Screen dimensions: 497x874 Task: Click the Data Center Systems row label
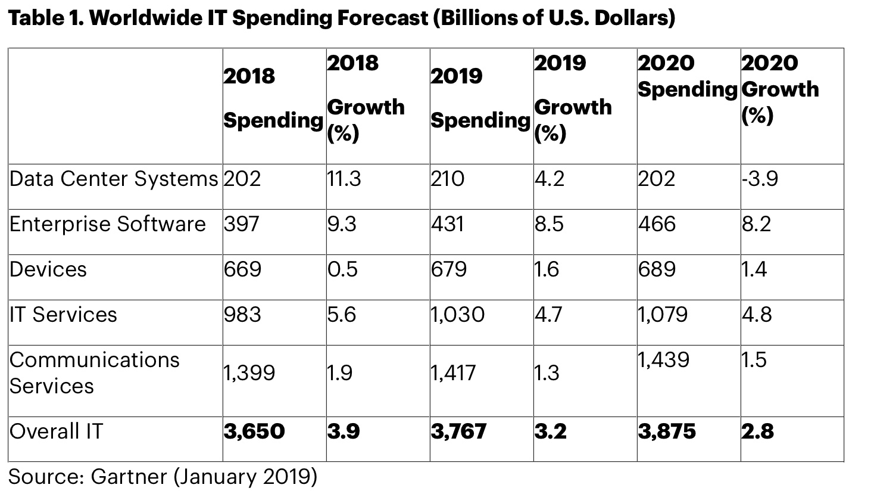coord(113,179)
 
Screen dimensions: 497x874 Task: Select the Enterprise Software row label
coord(107,224)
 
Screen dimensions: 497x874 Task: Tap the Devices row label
coord(48,269)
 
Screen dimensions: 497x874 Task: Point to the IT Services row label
coord(63,315)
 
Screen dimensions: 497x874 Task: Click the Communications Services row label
coord(94,372)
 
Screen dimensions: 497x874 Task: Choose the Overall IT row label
coord(56,431)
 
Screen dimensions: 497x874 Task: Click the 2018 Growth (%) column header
coord(366,98)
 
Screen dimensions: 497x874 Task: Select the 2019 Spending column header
coord(480,98)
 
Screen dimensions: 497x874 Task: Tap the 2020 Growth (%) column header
coord(780,89)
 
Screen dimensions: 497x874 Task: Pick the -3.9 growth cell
coord(760,179)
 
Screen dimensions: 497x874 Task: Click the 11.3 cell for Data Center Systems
coord(344,179)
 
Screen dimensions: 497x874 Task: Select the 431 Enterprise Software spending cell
coord(448,224)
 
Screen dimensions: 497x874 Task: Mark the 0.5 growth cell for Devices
coord(342,269)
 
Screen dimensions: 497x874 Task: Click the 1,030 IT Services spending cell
coord(457,315)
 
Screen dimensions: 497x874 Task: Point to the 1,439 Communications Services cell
coord(663,360)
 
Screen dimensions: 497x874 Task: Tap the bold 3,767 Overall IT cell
coord(458,431)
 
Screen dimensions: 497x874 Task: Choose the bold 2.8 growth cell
coord(757,431)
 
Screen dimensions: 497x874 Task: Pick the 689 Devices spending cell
coord(657,269)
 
